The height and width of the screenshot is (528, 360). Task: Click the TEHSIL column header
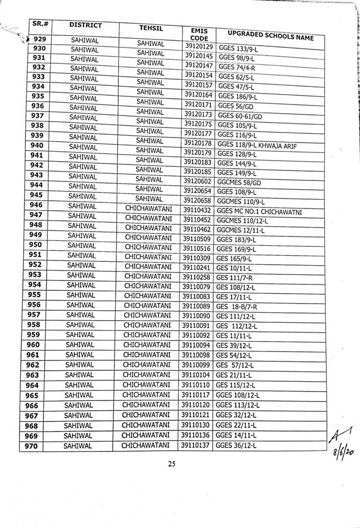click(x=148, y=30)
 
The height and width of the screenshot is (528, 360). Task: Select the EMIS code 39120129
click(x=199, y=47)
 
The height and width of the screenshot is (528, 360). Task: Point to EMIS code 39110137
click(x=195, y=445)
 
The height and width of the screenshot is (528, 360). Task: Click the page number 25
click(x=171, y=465)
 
